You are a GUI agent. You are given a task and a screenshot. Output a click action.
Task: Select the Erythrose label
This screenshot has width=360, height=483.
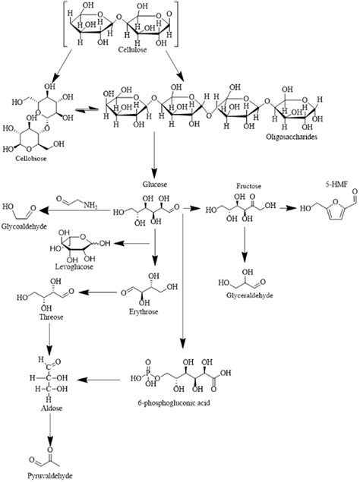[x=157, y=311]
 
